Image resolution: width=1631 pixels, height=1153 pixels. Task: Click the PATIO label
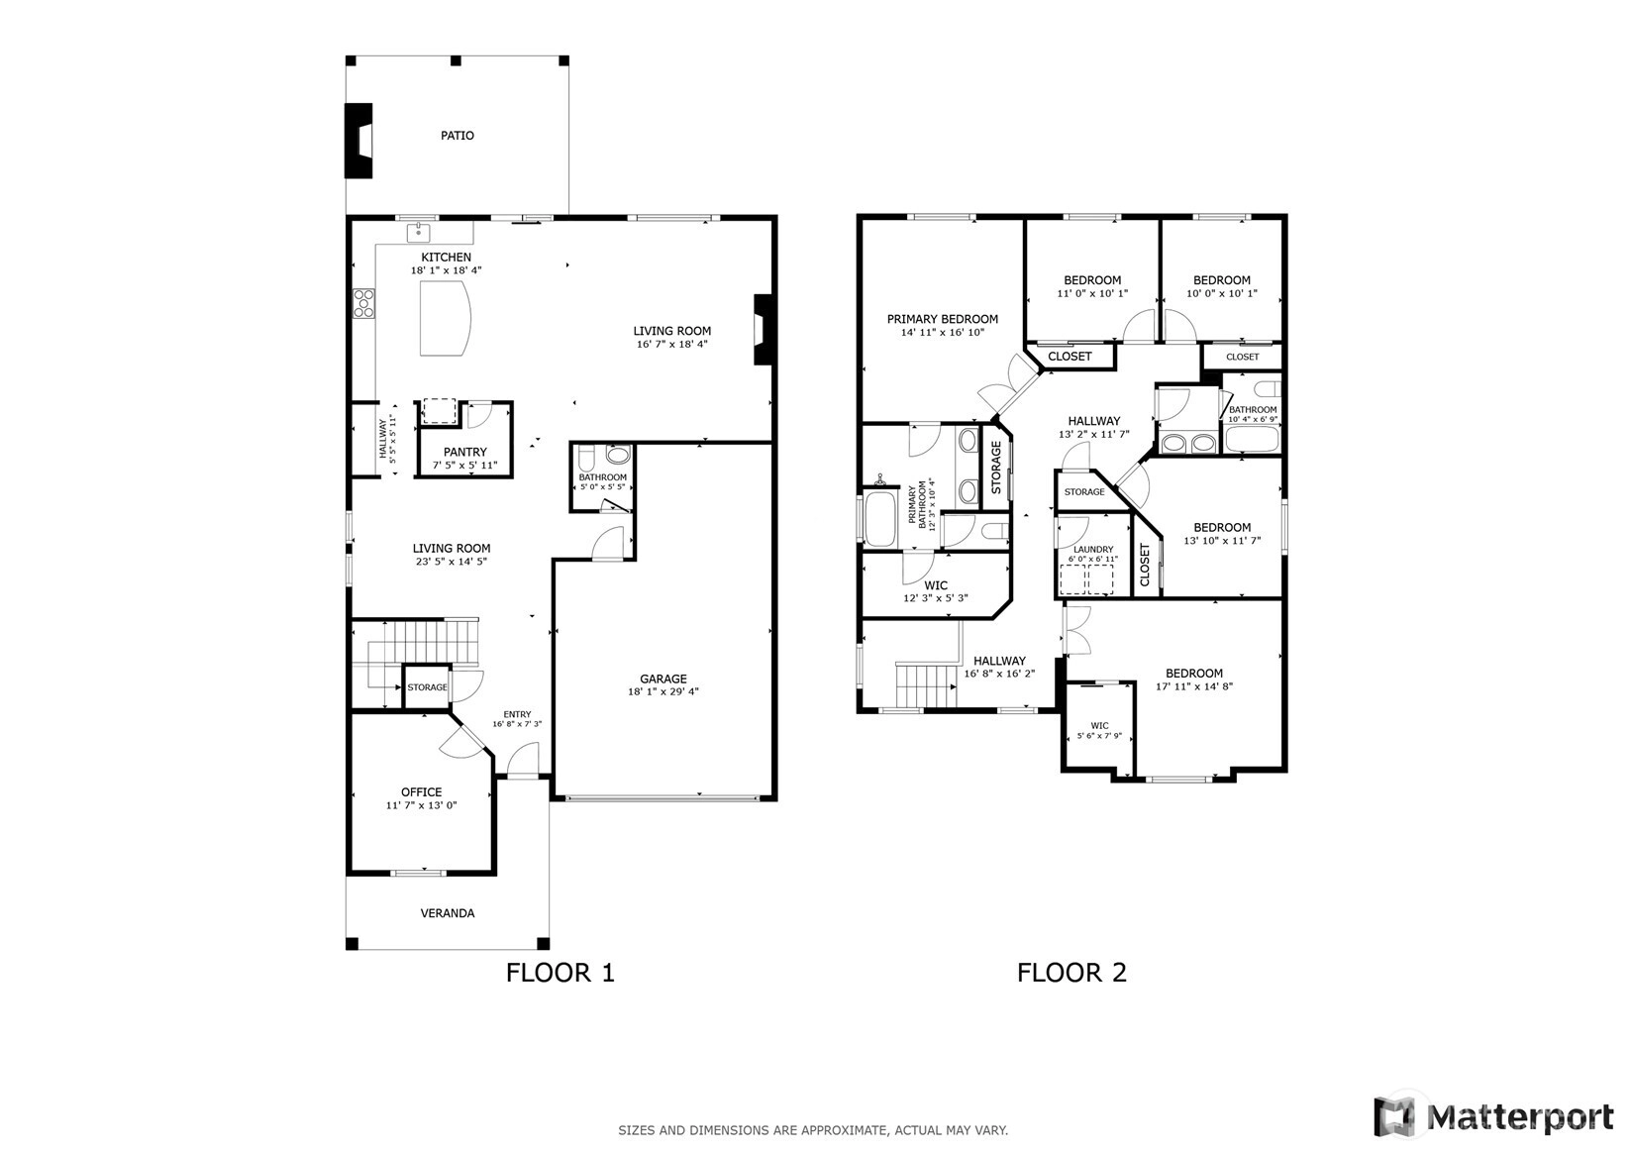click(458, 136)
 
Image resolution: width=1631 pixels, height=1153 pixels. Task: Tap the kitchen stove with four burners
click(364, 303)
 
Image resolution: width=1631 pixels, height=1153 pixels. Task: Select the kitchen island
click(445, 318)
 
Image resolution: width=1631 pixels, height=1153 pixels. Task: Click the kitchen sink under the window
click(418, 233)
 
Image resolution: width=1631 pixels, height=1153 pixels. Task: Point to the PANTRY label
click(464, 453)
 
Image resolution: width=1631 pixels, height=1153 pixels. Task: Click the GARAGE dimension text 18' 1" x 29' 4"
click(663, 692)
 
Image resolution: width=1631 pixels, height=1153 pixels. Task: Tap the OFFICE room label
click(422, 792)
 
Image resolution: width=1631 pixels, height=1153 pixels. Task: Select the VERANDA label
click(447, 913)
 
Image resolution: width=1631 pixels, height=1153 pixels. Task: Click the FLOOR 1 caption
click(560, 973)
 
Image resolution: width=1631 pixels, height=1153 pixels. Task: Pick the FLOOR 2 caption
click(1071, 973)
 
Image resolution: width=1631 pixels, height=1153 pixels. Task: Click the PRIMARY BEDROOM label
click(942, 319)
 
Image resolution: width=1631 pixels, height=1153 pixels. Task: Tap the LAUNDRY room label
click(1093, 549)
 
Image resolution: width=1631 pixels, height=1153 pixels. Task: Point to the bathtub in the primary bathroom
click(880, 519)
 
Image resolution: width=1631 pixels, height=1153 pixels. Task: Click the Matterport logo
click(1493, 1116)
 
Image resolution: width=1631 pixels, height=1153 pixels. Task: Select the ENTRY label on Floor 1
click(517, 714)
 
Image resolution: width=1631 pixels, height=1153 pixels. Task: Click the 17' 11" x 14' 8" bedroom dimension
click(1194, 686)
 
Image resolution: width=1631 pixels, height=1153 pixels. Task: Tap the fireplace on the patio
click(358, 141)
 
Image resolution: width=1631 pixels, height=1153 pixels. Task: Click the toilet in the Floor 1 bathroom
click(587, 459)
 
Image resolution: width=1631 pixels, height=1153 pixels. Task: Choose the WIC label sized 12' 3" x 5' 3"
click(936, 585)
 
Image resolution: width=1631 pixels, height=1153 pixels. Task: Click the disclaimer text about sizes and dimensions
click(813, 1130)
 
